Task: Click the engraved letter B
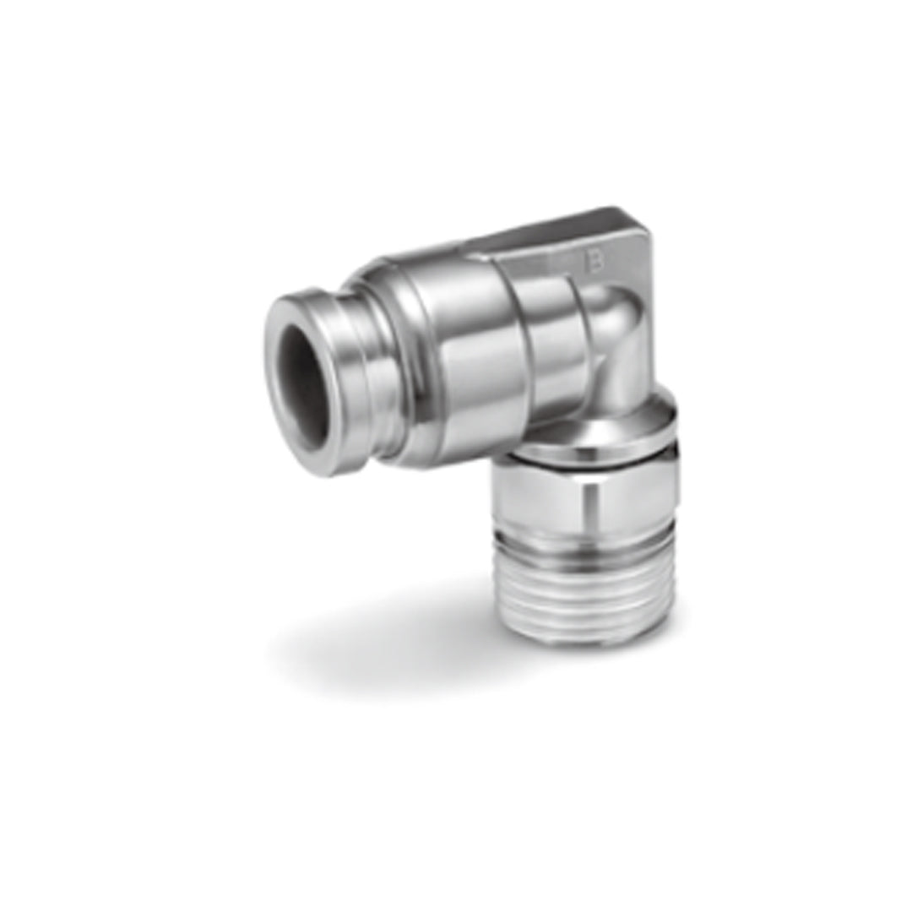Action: (x=596, y=264)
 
